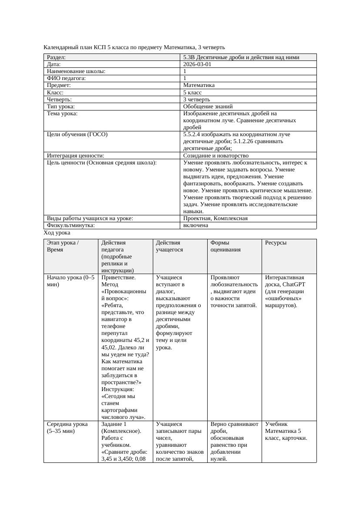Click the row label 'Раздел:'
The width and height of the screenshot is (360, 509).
(x=56, y=57)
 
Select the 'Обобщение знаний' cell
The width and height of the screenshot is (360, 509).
(x=208, y=106)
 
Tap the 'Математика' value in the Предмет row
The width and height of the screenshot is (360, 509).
(x=199, y=85)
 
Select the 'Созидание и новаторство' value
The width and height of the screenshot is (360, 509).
(x=215, y=155)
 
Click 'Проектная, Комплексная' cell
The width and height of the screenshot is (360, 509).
(x=215, y=218)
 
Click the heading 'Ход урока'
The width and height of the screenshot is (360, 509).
(x=57, y=233)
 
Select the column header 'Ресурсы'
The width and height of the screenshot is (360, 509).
(x=276, y=242)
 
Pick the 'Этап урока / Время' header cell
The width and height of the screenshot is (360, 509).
(x=63, y=246)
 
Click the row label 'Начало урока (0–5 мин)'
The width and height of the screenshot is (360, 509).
(x=70, y=281)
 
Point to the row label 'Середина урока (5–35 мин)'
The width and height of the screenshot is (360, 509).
(x=67, y=427)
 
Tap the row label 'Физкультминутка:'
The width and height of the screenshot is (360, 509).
(x=71, y=225)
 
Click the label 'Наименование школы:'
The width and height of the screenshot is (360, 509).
(x=76, y=71)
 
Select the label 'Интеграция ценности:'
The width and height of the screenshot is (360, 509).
(x=75, y=155)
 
